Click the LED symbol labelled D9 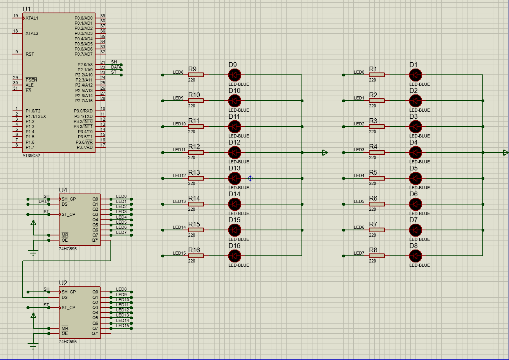(x=235, y=75)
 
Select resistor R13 (x=196, y=178)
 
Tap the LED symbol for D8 (x=415, y=256)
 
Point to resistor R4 (x=377, y=152)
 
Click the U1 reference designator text (x=26, y=9)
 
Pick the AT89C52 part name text (x=31, y=156)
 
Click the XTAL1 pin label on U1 (x=32, y=18)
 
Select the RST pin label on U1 (x=30, y=54)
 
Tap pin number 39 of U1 (x=103, y=16)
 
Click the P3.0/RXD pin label (x=83, y=111)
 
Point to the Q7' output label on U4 (x=95, y=240)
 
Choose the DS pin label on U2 (x=65, y=297)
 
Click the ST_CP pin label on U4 (x=69, y=214)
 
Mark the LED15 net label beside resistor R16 (x=179, y=253)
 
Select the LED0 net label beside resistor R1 (x=359, y=72)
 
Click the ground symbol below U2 (x=33, y=346)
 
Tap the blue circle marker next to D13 (x=251, y=178)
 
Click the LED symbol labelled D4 (x=415, y=152)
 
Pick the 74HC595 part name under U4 (x=68, y=249)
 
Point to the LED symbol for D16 (x=235, y=256)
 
